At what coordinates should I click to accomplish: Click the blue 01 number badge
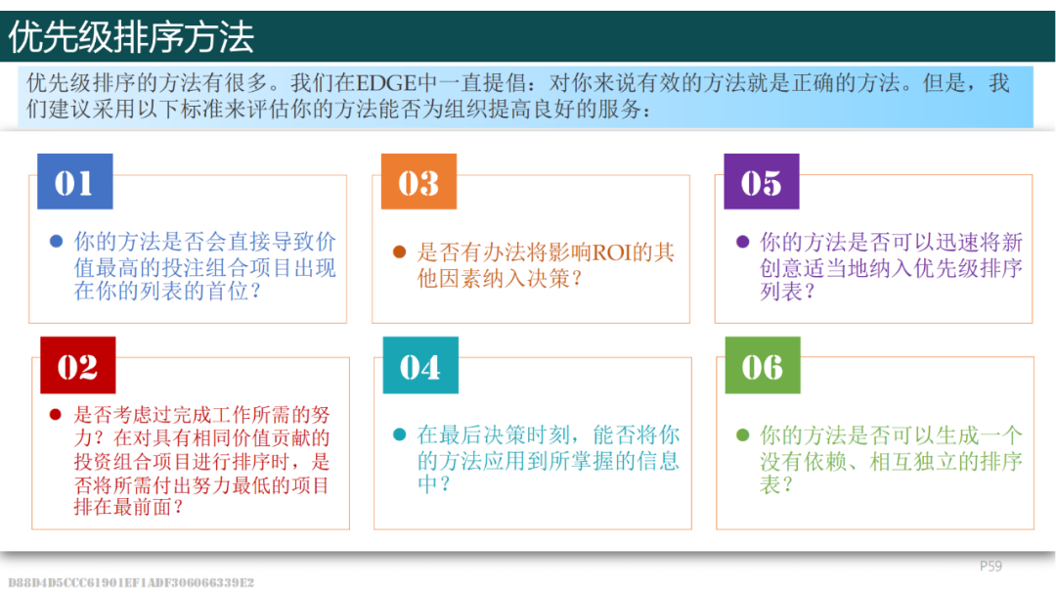74,181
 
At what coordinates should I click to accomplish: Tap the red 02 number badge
77,365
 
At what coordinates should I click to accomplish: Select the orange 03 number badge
418,181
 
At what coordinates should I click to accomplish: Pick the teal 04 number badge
420,365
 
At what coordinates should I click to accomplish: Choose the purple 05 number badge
762,181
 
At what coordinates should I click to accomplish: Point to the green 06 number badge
763,365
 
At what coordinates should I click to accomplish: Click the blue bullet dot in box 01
57,242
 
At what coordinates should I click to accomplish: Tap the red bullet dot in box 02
56,414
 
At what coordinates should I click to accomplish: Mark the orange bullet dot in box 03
399,252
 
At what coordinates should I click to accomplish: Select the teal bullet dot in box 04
399,434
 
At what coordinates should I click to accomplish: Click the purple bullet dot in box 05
743,242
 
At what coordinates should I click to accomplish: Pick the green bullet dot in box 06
743,434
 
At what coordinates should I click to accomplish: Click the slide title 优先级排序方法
131,36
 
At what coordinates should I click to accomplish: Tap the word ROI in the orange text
611,252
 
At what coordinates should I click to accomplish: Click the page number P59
990,567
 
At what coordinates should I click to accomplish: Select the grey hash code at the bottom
131,582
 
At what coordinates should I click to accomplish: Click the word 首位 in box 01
228,292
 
